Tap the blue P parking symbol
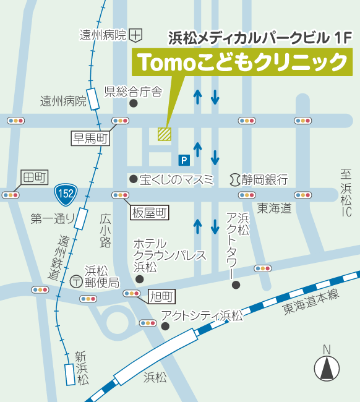coord(184,160)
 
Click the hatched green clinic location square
coord(164,134)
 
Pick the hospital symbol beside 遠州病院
coord(137,35)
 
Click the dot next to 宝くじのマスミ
coord(133,179)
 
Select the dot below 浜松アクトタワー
coord(235,284)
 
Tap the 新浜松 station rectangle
coord(70,374)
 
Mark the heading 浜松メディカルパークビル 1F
coord(260,37)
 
